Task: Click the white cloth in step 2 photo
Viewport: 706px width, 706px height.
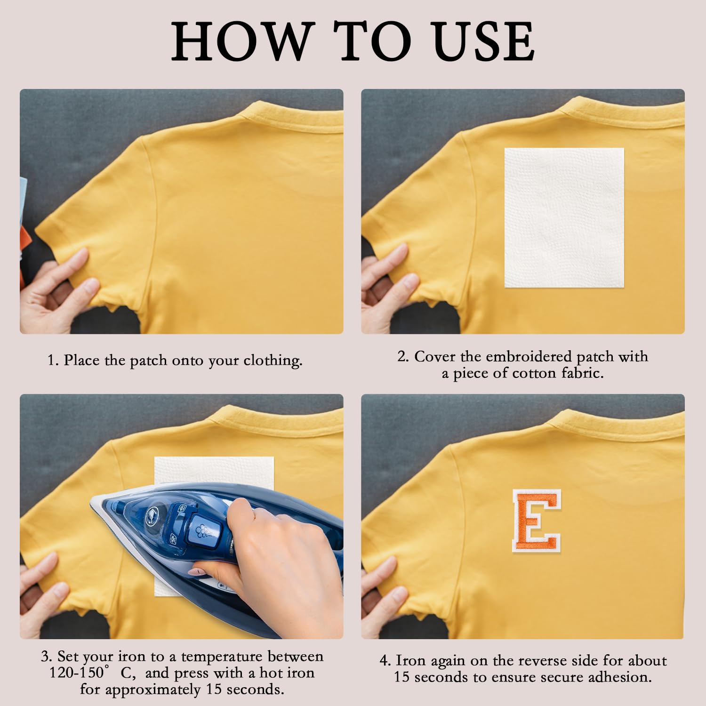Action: click(564, 217)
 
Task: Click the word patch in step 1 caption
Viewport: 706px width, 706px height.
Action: click(148, 361)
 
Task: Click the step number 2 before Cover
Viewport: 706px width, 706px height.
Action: click(402, 356)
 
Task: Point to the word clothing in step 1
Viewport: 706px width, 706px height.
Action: click(273, 361)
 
